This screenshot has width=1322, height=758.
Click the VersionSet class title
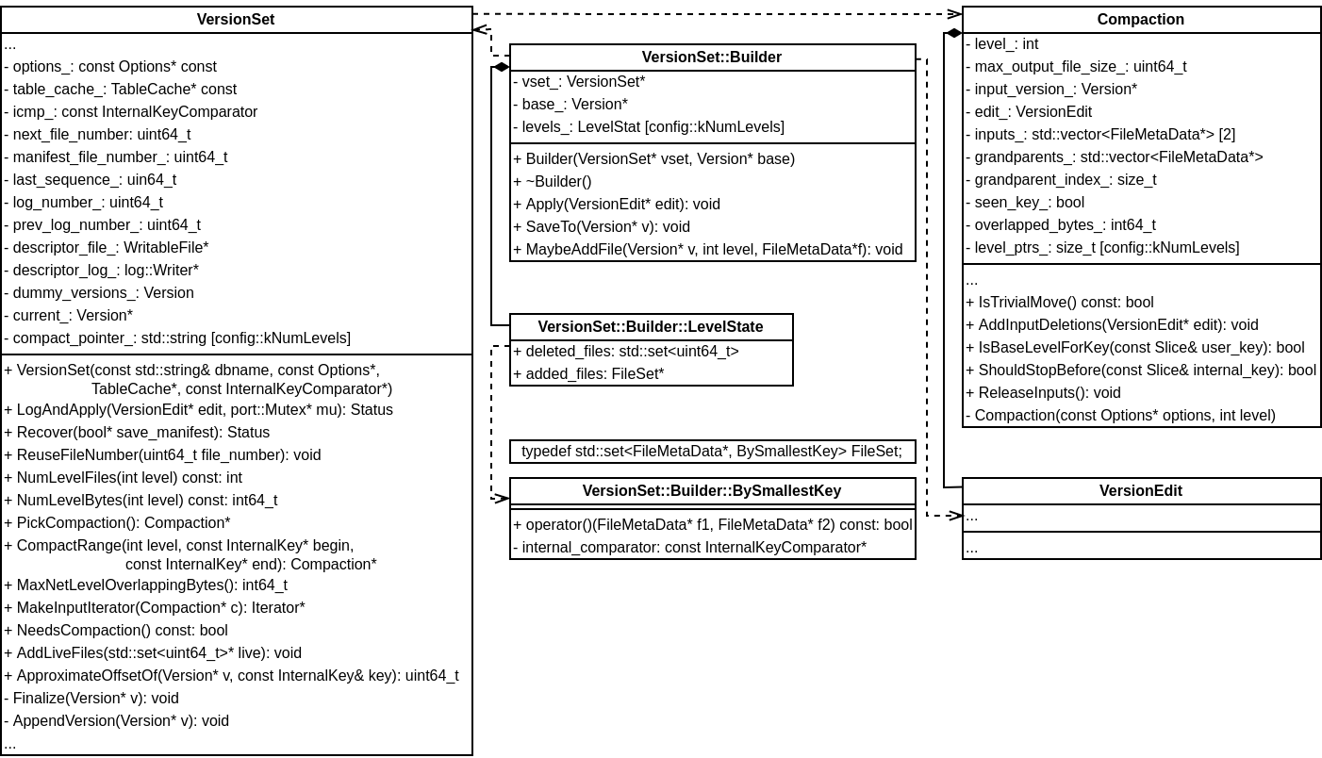coord(236,20)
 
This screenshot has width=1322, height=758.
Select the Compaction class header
coord(1140,20)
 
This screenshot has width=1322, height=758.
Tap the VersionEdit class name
coord(1140,491)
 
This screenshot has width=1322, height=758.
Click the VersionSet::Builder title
coord(711,58)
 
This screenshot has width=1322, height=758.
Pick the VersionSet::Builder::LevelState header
coord(651,327)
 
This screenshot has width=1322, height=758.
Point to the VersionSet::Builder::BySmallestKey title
coord(711,491)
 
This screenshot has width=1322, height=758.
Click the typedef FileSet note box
coord(711,452)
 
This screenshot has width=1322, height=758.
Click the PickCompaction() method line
coord(117,523)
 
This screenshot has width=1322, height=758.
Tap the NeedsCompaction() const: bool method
coord(116,631)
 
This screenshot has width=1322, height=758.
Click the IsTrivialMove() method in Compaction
coord(1059,303)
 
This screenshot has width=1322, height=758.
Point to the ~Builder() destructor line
coord(552,182)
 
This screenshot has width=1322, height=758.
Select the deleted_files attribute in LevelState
coord(625,352)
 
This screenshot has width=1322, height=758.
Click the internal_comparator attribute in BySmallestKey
coord(689,548)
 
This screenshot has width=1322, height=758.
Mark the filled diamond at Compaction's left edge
coord(953,33)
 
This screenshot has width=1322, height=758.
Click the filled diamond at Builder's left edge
coord(501,67)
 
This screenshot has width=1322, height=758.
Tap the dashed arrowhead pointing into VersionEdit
coord(954,516)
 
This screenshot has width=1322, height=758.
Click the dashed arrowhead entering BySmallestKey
coord(502,497)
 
